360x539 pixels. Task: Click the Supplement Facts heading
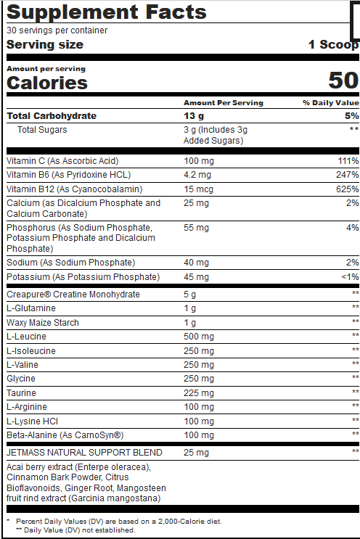point(107,12)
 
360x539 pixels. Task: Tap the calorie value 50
point(343,80)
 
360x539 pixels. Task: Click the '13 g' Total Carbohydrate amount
point(194,115)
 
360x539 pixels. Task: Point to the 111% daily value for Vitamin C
point(348,160)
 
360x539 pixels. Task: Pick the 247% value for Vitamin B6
point(348,175)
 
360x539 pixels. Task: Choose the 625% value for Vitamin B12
point(348,189)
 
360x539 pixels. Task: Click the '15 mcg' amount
point(197,189)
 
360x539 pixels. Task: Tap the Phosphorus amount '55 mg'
point(196,228)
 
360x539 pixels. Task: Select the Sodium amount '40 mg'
point(196,262)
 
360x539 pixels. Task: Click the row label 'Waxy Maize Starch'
point(43,322)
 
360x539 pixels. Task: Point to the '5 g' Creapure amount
point(190,295)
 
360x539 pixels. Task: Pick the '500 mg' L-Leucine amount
point(198,336)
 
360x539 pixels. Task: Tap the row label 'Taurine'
point(21,392)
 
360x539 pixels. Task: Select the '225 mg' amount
point(198,392)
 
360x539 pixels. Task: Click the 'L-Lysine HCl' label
point(31,421)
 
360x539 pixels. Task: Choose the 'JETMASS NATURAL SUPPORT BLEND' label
point(84,453)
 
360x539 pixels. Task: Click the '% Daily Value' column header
point(331,103)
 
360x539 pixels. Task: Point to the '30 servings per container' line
point(57,30)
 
